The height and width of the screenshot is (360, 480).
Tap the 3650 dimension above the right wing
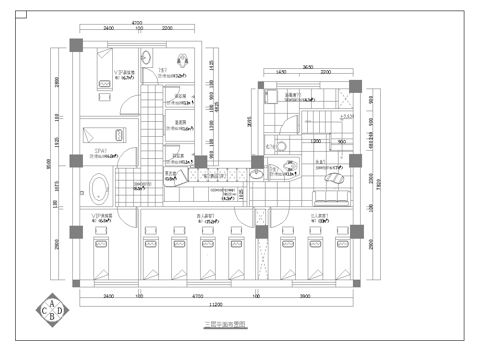[309, 65]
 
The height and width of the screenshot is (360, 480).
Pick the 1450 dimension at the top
[282, 73]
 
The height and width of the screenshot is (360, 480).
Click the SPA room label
[99, 152]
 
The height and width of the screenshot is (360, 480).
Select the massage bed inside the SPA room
[104, 131]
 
